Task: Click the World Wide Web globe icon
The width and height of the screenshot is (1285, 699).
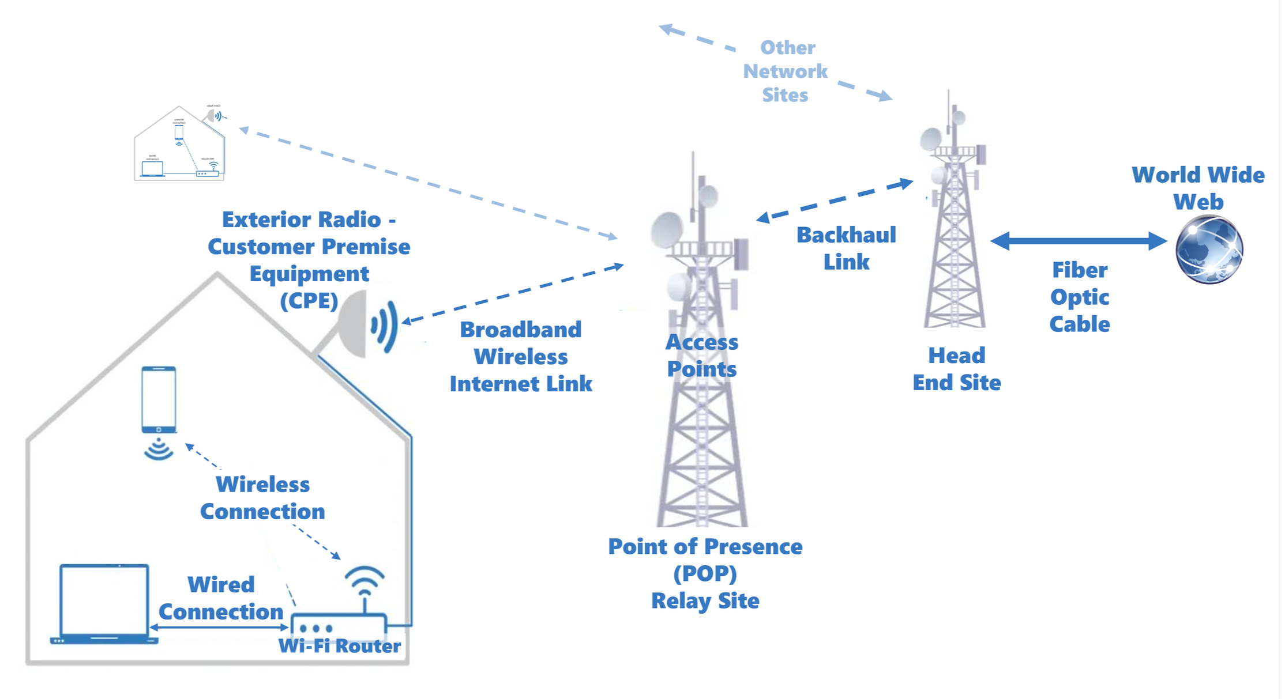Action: click(x=1209, y=249)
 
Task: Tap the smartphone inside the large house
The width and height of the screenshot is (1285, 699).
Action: click(x=159, y=399)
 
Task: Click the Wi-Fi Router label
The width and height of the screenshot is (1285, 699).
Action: click(x=339, y=646)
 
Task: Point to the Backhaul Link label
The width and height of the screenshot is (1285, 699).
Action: click(x=846, y=248)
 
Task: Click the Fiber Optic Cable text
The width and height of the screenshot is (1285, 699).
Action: click(x=1080, y=297)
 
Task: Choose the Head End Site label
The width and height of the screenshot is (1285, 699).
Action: click(x=956, y=369)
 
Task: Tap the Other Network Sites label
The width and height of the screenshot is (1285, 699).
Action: click(x=786, y=71)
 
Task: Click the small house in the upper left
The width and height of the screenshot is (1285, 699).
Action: click(x=179, y=144)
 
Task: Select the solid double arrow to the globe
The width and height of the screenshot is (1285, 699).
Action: click(x=1079, y=240)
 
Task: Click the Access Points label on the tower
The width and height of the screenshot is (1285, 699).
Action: click(x=701, y=356)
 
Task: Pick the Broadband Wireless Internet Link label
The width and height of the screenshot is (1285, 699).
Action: click(x=521, y=357)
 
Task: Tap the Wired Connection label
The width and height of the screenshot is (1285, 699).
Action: click(x=221, y=598)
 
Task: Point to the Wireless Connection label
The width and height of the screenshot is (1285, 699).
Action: click(x=262, y=498)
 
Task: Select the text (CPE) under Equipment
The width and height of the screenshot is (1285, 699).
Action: click(x=309, y=301)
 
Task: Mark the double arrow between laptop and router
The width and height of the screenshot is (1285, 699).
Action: click(x=219, y=627)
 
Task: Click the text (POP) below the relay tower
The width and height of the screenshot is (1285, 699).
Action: click(x=705, y=573)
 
